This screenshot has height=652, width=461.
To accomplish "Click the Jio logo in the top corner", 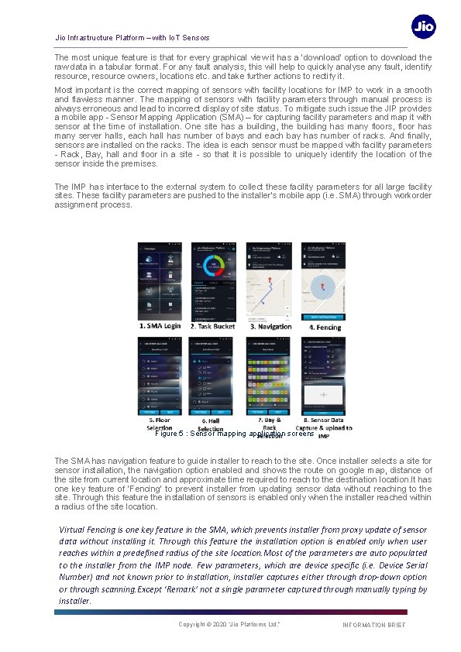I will click(x=424, y=27).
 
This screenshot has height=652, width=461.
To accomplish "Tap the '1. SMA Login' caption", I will click(x=160, y=327).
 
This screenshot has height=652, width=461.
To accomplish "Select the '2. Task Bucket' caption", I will click(x=215, y=327).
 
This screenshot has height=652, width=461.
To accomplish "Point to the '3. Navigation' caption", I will click(x=269, y=327).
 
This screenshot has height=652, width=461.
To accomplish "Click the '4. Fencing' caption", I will click(x=324, y=327).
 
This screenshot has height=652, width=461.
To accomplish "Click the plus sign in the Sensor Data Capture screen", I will click(x=323, y=395).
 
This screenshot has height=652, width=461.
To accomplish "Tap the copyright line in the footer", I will click(x=229, y=625).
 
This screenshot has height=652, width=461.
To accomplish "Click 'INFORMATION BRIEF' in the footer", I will click(x=373, y=625).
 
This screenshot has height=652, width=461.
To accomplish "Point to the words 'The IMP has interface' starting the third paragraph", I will click(x=91, y=187).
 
